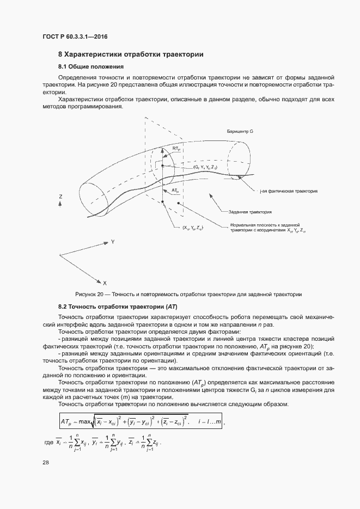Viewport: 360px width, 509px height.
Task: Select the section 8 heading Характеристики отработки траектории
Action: (131, 54)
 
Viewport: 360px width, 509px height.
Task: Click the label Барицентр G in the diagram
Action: (241, 132)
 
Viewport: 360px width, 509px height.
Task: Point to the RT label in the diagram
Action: (176, 148)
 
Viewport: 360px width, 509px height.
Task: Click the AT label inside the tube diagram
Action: (175, 191)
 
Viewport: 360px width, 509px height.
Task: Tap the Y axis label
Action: (112, 241)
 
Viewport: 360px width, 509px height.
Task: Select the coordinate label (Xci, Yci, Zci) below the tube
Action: (193, 228)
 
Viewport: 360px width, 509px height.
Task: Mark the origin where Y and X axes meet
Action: (59, 255)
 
